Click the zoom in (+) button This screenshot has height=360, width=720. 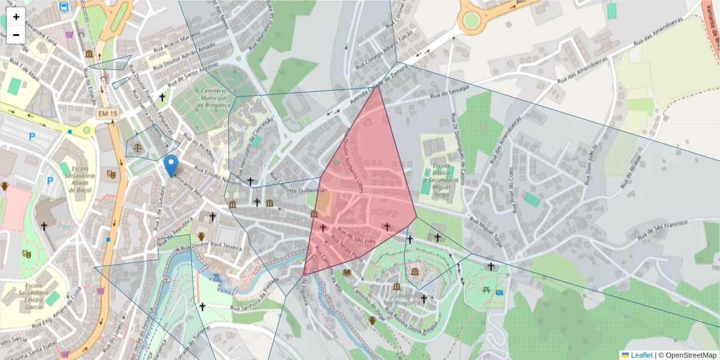pyautogui.click(x=16, y=17)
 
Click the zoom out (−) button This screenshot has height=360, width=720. pyautogui.click(x=16, y=34)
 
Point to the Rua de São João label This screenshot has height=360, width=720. pyautogui.click(x=356, y=236)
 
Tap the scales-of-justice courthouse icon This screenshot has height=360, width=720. pyautogui.click(x=139, y=146)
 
